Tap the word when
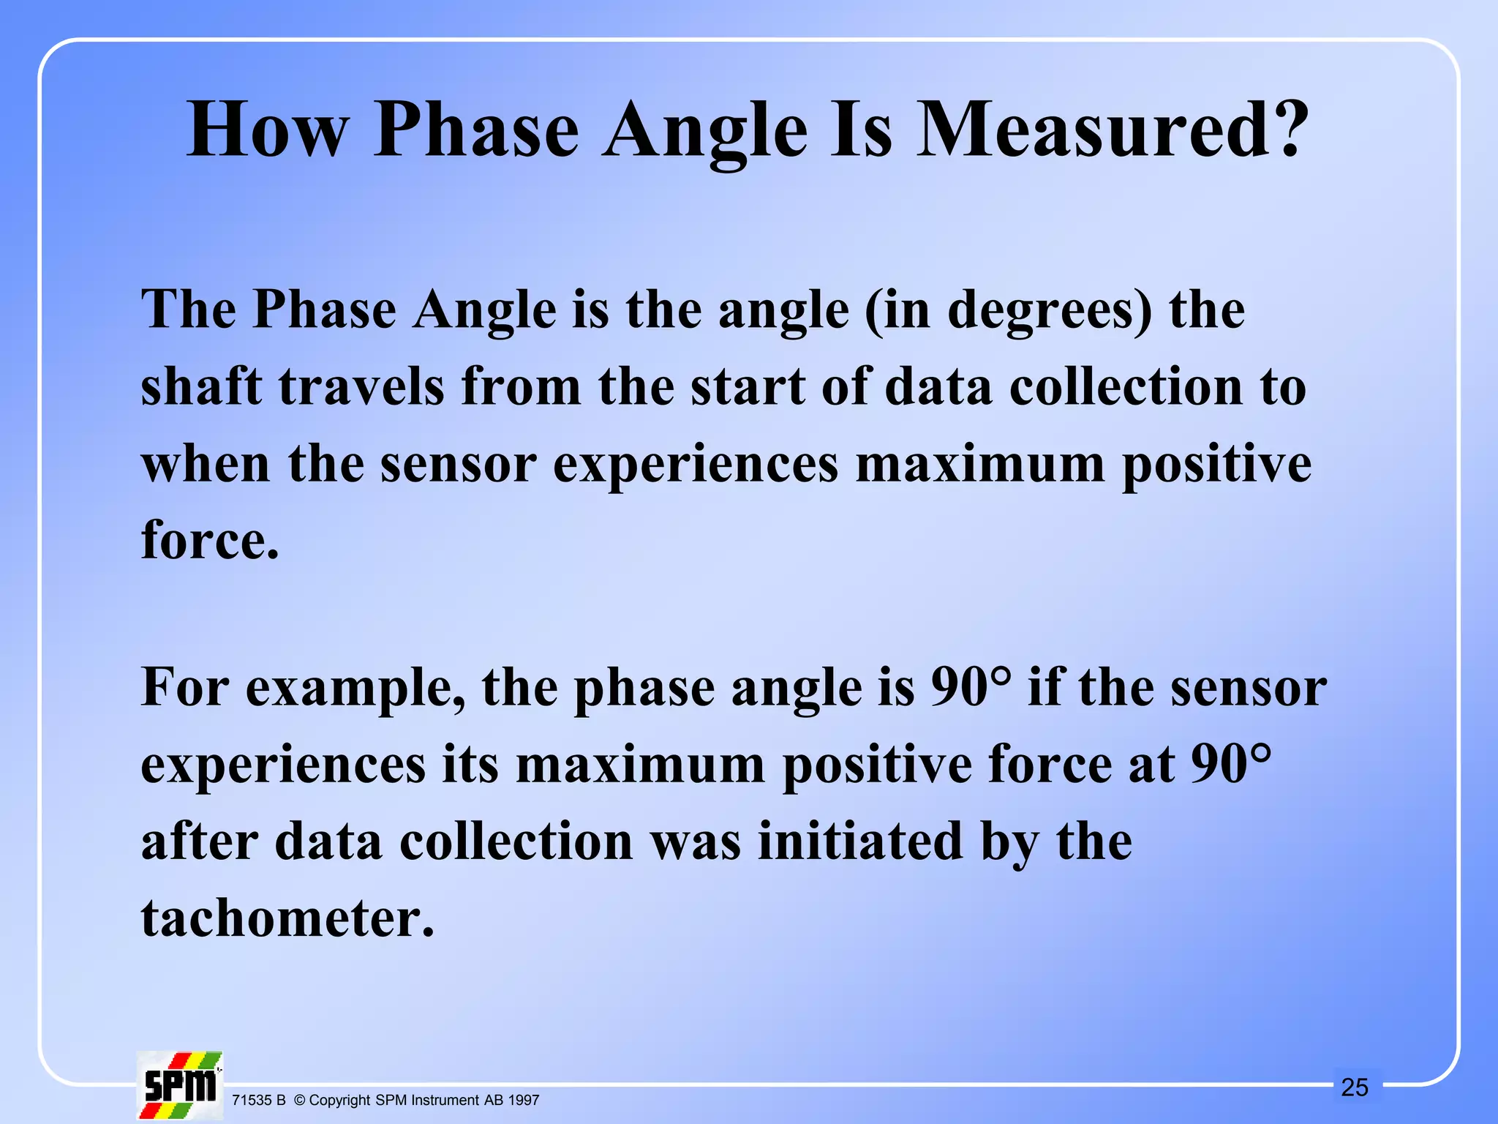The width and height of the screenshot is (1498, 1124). coord(206,464)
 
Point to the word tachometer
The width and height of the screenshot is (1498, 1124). coord(287,918)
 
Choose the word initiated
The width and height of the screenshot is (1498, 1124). coord(860,842)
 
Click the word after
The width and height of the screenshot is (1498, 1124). coord(200,842)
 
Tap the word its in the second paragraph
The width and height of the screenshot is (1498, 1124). coord(470,765)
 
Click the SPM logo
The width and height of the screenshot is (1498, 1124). coord(180,1085)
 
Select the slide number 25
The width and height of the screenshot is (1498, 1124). coord(1354,1087)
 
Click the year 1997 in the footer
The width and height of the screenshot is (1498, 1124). coord(524,1101)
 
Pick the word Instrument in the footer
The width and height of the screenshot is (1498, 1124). coord(445,1101)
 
